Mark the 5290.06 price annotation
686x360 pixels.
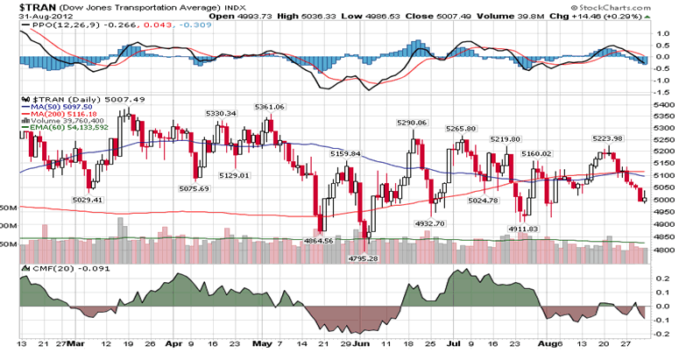411,124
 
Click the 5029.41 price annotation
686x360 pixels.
86,200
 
